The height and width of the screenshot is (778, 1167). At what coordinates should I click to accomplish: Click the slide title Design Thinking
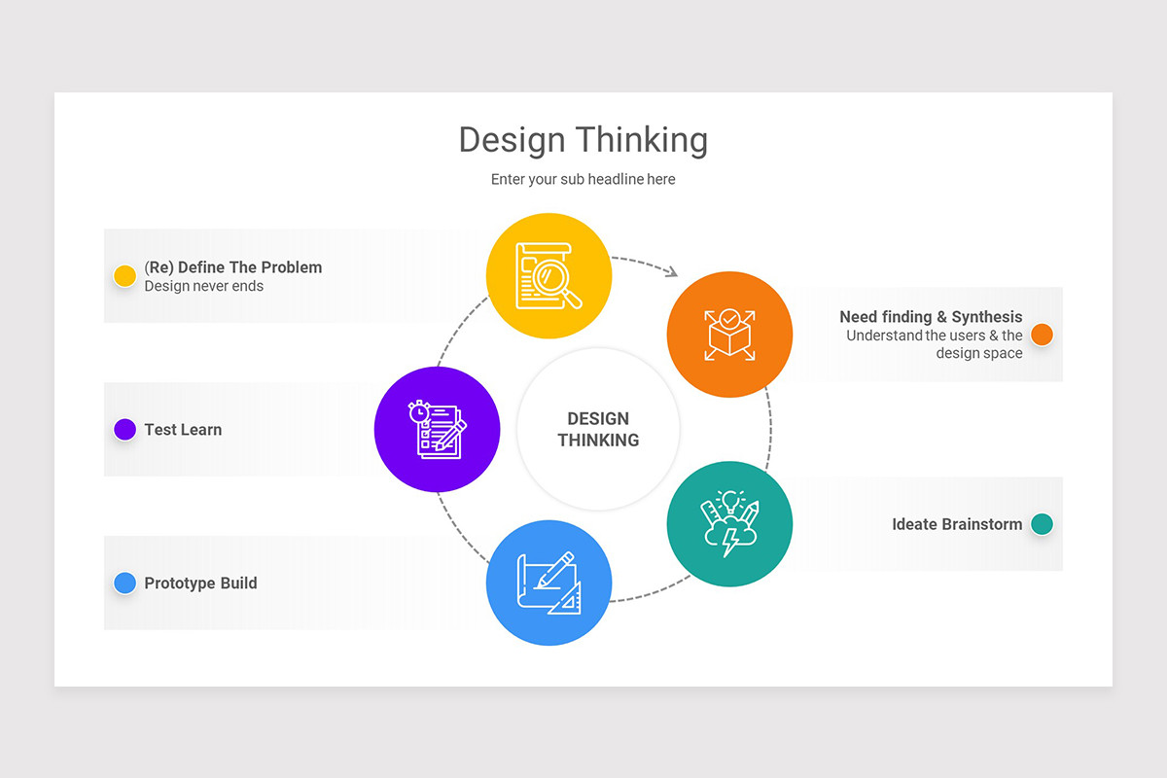click(583, 140)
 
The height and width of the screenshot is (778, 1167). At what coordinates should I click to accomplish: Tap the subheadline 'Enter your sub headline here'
click(583, 179)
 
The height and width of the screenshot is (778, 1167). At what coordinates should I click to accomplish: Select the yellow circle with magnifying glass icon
click(548, 276)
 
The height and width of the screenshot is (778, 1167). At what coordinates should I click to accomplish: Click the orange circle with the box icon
click(729, 335)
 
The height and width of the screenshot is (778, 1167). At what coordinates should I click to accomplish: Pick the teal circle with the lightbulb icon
click(729, 524)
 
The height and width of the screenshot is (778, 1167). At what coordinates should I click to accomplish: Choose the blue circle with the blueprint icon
click(548, 583)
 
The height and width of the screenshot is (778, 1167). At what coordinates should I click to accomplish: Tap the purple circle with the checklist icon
click(437, 429)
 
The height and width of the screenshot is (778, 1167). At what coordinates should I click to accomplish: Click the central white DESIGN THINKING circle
click(598, 429)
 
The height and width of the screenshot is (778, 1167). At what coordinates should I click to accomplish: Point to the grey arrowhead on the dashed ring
click(671, 272)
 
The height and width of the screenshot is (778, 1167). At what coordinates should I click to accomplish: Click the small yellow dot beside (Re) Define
click(124, 276)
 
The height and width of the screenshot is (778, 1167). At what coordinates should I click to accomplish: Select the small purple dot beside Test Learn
click(124, 429)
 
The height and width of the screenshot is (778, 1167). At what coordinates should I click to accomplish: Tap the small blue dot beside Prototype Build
click(124, 583)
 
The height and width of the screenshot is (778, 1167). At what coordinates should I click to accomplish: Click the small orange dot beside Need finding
click(1042, 335)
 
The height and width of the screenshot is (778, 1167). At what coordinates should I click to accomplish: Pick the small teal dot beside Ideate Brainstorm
click(1042, 524)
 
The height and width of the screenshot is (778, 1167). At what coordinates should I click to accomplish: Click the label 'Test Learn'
click(183, 430)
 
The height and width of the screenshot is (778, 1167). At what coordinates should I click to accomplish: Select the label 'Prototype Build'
click(200, 583)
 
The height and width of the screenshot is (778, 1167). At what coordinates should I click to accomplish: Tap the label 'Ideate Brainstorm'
click(957, 524)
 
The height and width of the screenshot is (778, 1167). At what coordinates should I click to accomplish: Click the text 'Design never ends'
click(203, 286)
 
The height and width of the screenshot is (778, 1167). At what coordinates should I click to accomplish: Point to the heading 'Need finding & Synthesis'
click(931, 317)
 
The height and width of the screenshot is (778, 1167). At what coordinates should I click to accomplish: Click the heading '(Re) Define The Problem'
click(232, 267)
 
